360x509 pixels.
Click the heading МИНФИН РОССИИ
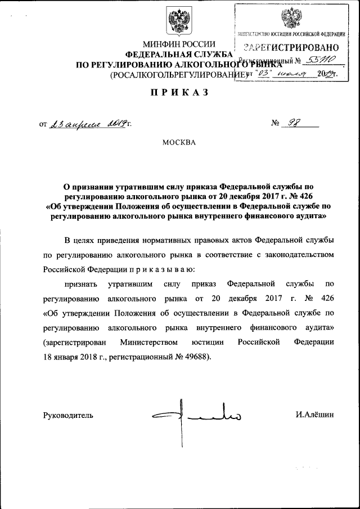[x=179, y=43]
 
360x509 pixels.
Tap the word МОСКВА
[x=179, y=142]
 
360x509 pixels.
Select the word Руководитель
[x=68, y=416]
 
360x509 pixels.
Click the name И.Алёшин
[x=314, y=415]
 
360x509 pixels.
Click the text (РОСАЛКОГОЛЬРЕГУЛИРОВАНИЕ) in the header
[x=178, y=75]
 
